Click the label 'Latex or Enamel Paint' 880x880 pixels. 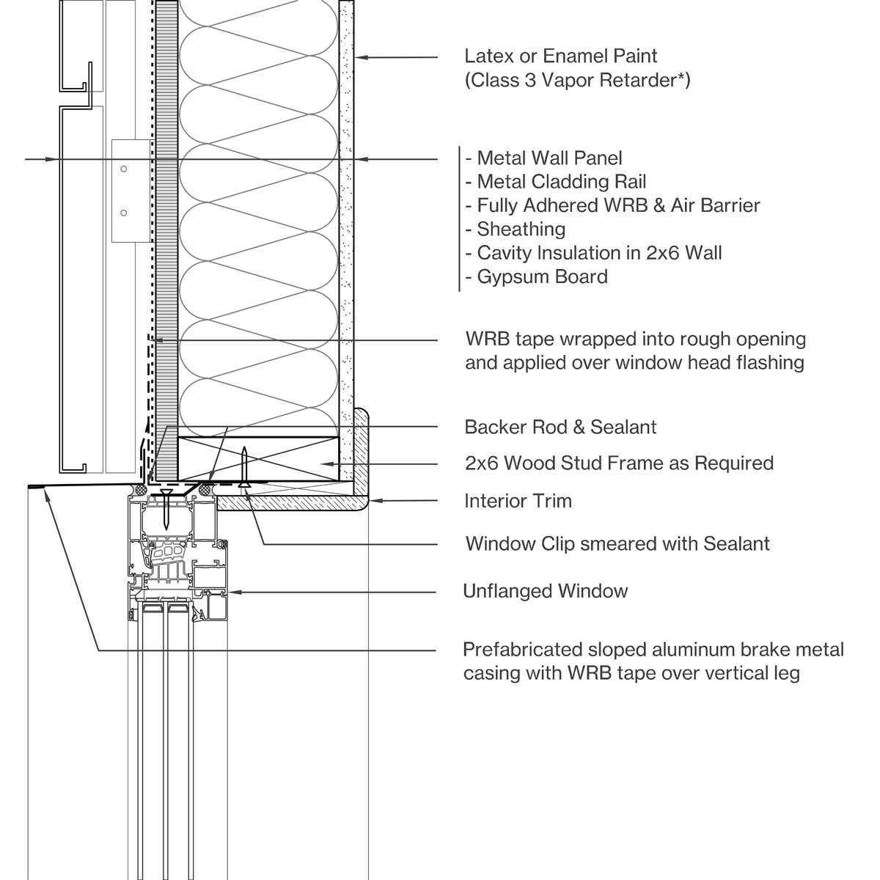[561, 56]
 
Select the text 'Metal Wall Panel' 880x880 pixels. [549, 158]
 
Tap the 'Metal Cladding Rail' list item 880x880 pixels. [561, 181]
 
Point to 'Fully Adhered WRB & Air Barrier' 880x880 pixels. [618, 205]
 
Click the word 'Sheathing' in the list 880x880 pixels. [521, 229]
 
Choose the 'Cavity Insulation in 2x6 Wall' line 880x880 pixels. [599, 253]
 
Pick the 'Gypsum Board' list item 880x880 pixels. [542, 276]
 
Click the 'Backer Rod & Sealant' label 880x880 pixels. [560, 427]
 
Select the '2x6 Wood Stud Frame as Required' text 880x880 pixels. [619, 463]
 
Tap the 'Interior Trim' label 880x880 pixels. [518, 501]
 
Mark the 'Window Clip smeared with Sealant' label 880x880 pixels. [617, 544]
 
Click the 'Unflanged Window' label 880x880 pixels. [545, 591]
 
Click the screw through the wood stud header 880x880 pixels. [245, 466]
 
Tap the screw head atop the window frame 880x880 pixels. [167, 494]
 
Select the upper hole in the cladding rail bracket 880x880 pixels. [124, 169]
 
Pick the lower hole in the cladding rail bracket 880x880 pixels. [124, 213]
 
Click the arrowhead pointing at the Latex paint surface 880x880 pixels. [360, 56]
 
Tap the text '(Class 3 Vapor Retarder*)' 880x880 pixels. [577, 79]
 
